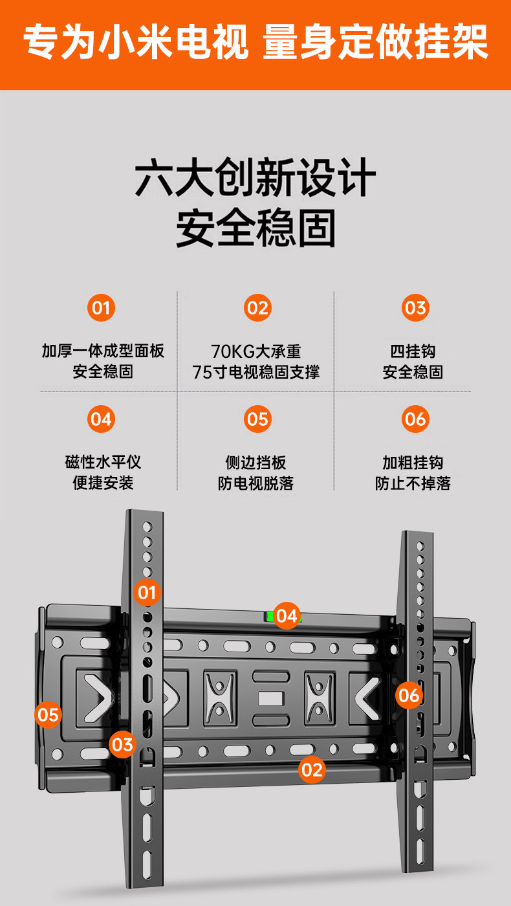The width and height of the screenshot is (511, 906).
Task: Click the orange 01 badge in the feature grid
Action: pos(101,307)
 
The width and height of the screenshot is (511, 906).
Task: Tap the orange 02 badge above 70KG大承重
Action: pos(257,307)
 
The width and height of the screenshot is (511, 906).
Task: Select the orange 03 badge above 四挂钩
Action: pos(415,307)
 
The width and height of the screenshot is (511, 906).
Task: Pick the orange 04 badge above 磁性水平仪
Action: pos(101,419)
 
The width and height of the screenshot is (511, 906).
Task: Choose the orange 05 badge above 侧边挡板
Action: pos(257,419)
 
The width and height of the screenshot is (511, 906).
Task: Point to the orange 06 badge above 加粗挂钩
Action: pos(415,419)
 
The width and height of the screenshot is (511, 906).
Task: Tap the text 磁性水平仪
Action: pos(103,462)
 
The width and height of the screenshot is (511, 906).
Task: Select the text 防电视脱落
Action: pos(255,483)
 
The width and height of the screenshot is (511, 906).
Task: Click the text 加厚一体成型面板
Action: pos(103,351)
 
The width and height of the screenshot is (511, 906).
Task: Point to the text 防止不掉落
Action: pos(413,483)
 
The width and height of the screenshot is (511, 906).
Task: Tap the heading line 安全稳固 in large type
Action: pos(255,228)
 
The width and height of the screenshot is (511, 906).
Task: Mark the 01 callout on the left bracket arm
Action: pos(147,591)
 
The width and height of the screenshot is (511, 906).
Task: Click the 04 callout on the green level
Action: pos(286,615)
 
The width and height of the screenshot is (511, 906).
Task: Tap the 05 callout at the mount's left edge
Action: pos(48,715)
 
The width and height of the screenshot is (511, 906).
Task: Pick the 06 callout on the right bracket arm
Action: pos(409,695)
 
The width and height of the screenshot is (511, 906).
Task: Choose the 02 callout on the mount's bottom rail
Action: pos(312,769)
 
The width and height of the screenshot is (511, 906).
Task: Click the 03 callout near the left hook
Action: pos(122,744)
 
